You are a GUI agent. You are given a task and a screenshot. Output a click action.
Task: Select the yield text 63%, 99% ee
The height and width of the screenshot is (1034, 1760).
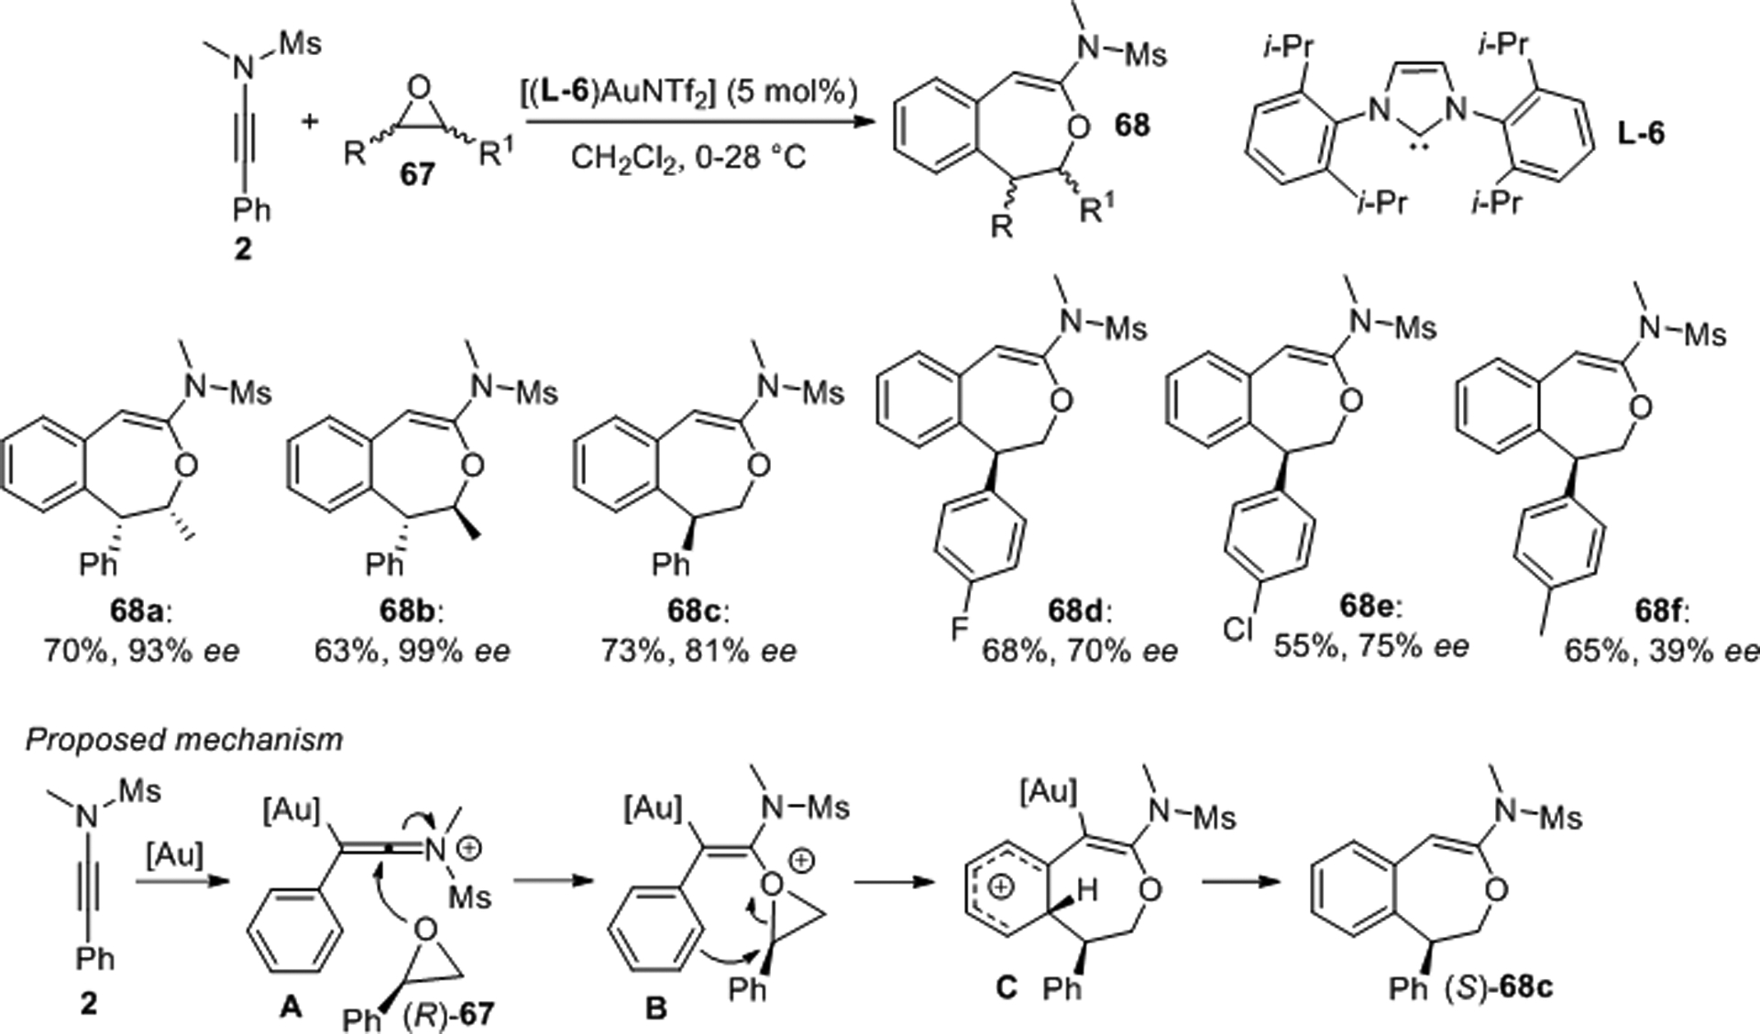(412, 651)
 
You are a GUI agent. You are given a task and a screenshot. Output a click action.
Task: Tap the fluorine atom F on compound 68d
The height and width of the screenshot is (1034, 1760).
(959, 628)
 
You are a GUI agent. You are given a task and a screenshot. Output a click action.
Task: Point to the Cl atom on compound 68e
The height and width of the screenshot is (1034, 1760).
(1237, 629)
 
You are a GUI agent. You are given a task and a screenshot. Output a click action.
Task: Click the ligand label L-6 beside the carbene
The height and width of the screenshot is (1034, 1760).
(1640, 134)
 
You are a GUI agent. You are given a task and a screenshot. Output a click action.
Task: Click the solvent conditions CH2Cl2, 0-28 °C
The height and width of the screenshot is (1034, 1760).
(688, 158)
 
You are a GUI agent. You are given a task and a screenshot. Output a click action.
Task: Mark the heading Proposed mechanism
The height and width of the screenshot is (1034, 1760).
(183, 739)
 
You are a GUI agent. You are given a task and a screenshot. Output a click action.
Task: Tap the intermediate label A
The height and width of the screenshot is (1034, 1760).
(290, 1007)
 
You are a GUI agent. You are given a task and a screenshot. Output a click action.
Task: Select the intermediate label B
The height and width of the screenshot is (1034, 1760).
(655, 1008)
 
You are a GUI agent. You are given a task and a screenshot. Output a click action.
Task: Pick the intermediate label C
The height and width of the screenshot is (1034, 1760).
(1006, 987)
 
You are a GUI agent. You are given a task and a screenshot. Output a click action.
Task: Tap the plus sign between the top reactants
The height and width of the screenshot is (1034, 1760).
(311, 120)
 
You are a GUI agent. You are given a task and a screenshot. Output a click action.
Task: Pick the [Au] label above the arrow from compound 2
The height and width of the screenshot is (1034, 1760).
(174, 855)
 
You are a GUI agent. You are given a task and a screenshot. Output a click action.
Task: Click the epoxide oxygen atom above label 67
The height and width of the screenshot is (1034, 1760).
(419, 87)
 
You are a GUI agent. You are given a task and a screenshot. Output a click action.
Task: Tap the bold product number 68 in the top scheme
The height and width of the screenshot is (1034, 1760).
(1132, 125)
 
